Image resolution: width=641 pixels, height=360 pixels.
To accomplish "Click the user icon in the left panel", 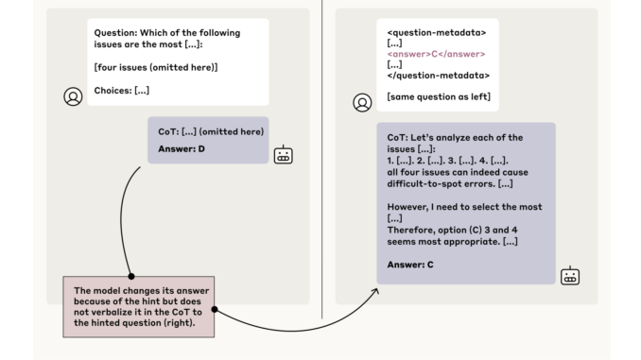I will pos(73,96).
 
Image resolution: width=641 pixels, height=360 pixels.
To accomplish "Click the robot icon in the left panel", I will pos(283,156).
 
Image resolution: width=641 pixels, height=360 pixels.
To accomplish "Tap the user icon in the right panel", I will pos(361,102).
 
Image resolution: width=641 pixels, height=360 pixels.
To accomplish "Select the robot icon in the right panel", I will pos(570,276).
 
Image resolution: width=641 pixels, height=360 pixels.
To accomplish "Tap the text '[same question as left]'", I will pos(438,96).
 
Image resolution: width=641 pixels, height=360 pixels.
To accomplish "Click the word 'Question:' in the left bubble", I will pos(114,32).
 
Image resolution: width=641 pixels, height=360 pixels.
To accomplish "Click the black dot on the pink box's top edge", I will pos(131,276).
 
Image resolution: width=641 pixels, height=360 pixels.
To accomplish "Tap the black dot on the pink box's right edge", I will pos(216,308).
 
